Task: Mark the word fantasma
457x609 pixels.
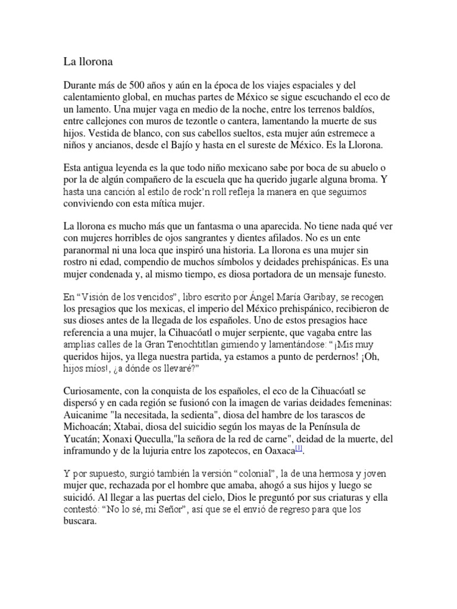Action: pos(233,228)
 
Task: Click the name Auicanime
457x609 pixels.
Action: pos(86,415)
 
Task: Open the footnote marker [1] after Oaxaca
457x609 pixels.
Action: pos(300,448)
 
